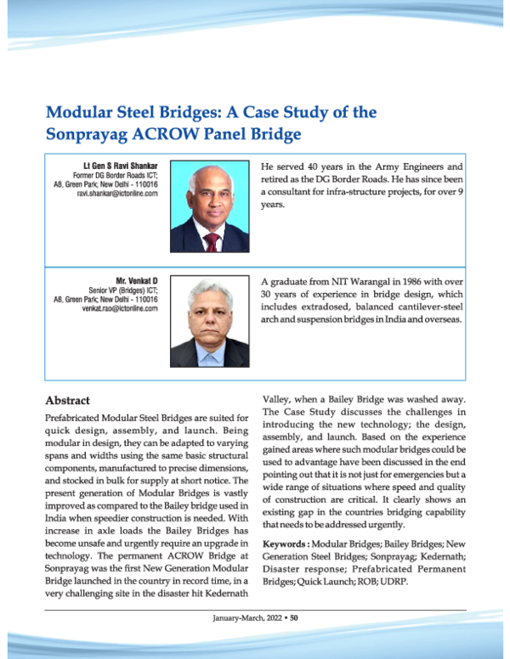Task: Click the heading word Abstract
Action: pyautogui.click(x=67, y=399)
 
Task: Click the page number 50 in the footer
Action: pyautogui.click(x=294, y=617)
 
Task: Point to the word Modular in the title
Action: pyautogui.click(x=80, y=111)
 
